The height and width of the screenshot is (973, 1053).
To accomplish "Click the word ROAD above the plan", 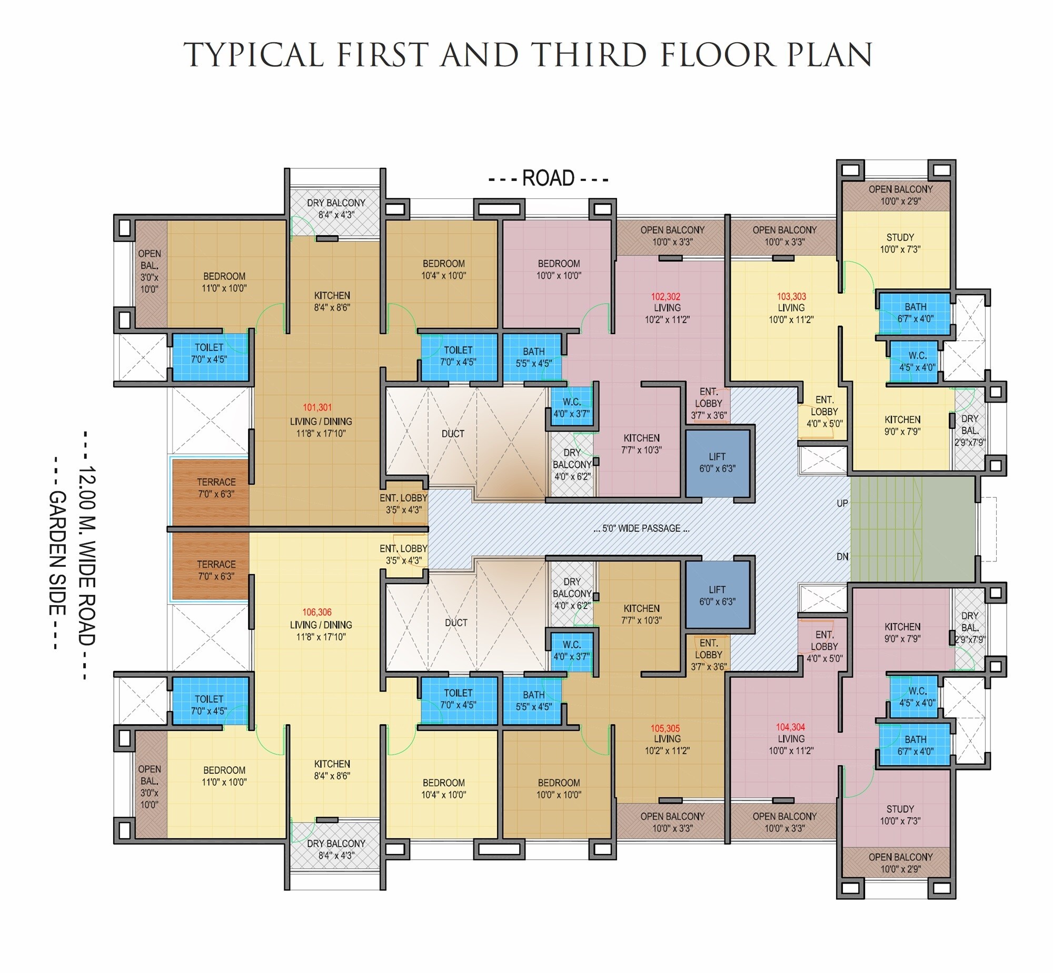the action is tap(548, 178).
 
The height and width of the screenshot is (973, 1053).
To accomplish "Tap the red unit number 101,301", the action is tap(317, 407).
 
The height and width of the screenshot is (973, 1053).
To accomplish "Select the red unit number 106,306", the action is tap(317, 613).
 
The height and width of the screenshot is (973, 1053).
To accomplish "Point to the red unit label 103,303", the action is tap(791, 296).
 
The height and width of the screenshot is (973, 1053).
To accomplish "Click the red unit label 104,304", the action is tap(790, 727).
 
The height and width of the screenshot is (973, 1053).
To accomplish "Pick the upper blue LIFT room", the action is tap(718, 463).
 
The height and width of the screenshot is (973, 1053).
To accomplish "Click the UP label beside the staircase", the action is tap(842, 504).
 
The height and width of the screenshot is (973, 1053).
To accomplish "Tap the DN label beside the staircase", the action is tap(842, 557).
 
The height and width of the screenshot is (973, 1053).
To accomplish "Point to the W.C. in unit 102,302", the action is tap(572, 408).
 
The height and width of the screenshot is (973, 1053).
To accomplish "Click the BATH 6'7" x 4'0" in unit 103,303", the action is tap(915, 313).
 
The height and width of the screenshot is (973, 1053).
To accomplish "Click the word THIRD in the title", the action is tap(588, 54).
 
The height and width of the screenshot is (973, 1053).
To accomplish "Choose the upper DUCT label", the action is tap(453, 434).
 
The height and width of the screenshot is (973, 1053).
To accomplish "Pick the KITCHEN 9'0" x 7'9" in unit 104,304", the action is tap(902, 633).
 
